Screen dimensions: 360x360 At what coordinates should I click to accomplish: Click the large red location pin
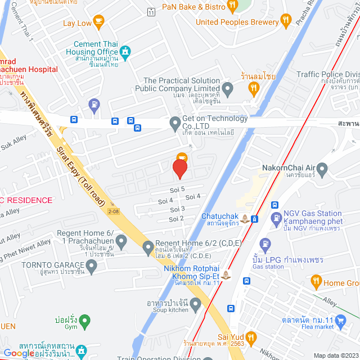[x=180, y=169]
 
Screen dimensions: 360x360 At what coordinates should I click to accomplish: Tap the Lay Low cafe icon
[x=99, y=22]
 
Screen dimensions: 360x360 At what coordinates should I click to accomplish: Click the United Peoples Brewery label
[x=237, y=22]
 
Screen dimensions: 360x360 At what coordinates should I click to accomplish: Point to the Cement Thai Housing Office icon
[x=125, y=52]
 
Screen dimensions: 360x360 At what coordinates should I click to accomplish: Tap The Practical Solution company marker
[x=227, y=88]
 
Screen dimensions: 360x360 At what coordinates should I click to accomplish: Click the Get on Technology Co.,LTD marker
[x=175, y=123]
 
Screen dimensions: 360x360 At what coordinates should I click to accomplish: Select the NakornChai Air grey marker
[x=322, y=168]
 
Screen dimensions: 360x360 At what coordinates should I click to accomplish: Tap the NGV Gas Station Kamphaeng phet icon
[x=276, y=217]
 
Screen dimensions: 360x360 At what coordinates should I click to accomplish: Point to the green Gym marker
[x=84, y=322]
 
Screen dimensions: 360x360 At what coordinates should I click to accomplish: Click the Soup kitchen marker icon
[x=196, y=305]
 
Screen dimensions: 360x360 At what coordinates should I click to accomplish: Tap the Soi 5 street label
[x=177, y=190]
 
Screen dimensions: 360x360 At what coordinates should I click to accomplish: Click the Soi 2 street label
[x=177, y=218]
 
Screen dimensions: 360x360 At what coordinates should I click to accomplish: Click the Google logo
[x=19, y=353]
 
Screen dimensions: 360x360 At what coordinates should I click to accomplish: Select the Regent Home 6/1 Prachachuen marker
[x=121, y=241]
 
